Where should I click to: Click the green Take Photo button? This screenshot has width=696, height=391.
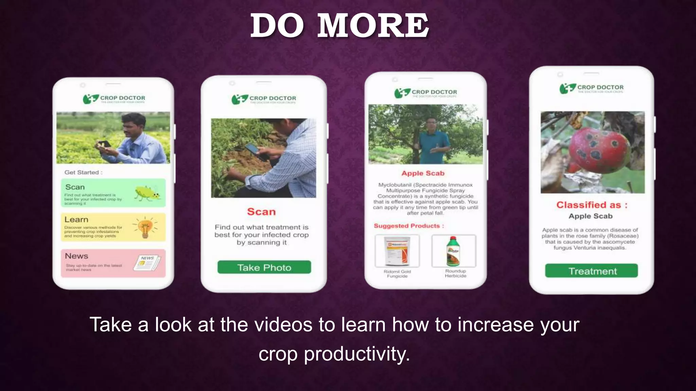point(264,267)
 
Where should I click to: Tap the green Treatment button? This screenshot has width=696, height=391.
point(591,271)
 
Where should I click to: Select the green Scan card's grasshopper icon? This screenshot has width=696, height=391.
point(147,193)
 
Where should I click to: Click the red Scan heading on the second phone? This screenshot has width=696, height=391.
point(261,212)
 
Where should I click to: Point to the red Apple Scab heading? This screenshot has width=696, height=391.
point(423,173)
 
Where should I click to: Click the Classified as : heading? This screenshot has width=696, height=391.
point(592,205)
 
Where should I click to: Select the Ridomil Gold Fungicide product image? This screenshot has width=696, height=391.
point(397,251)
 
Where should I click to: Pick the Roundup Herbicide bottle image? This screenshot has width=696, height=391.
point(454,251)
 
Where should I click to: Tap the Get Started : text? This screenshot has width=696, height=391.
point(83,172)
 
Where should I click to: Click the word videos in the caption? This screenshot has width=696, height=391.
point(283,324)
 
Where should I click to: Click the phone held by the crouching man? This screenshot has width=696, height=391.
point(253,152)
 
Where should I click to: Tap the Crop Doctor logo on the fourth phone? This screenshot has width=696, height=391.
point(591,88)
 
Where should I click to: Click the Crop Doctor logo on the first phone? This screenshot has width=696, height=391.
point(114,99)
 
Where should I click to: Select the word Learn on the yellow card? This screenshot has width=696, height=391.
point(76,220)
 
